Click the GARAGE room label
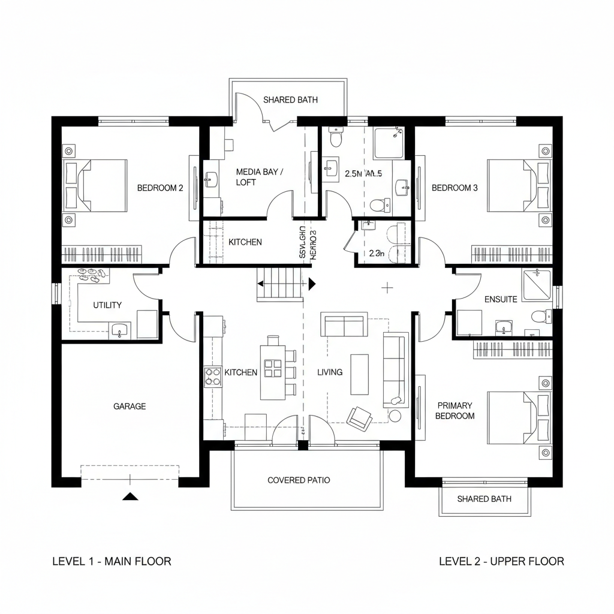130,407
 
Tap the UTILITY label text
107,305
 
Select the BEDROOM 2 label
160,188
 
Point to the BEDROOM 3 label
455,188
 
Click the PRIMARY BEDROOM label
455,411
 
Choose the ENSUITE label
500,299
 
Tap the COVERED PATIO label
299,480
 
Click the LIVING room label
330,372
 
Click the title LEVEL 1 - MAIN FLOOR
112,561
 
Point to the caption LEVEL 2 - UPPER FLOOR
501,561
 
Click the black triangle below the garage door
130,496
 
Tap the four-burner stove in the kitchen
213,376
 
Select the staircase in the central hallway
281,283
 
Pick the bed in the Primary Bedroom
516,417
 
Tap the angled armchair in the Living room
360,418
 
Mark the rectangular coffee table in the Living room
359,374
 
